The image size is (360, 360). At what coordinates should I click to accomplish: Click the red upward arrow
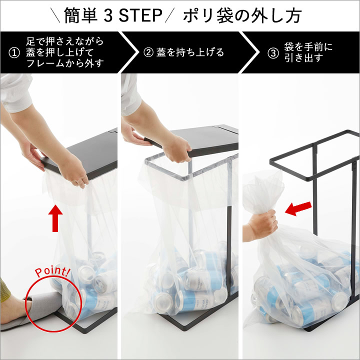55,218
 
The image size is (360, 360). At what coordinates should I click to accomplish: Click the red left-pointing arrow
298,208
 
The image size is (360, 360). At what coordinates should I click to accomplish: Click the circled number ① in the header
14,53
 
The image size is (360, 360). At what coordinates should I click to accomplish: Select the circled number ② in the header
148,52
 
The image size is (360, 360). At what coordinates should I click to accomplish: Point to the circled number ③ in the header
273,53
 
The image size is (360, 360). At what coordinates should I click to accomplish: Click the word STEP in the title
140,15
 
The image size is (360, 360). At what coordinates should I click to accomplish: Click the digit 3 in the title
108,15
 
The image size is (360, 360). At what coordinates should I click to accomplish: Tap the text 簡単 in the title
81,15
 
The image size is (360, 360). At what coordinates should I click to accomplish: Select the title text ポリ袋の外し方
242,15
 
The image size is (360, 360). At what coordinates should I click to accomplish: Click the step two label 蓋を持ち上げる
190,52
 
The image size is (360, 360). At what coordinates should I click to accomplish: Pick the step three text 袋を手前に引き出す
308,52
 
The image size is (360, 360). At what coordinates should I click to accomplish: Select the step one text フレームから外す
65,63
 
